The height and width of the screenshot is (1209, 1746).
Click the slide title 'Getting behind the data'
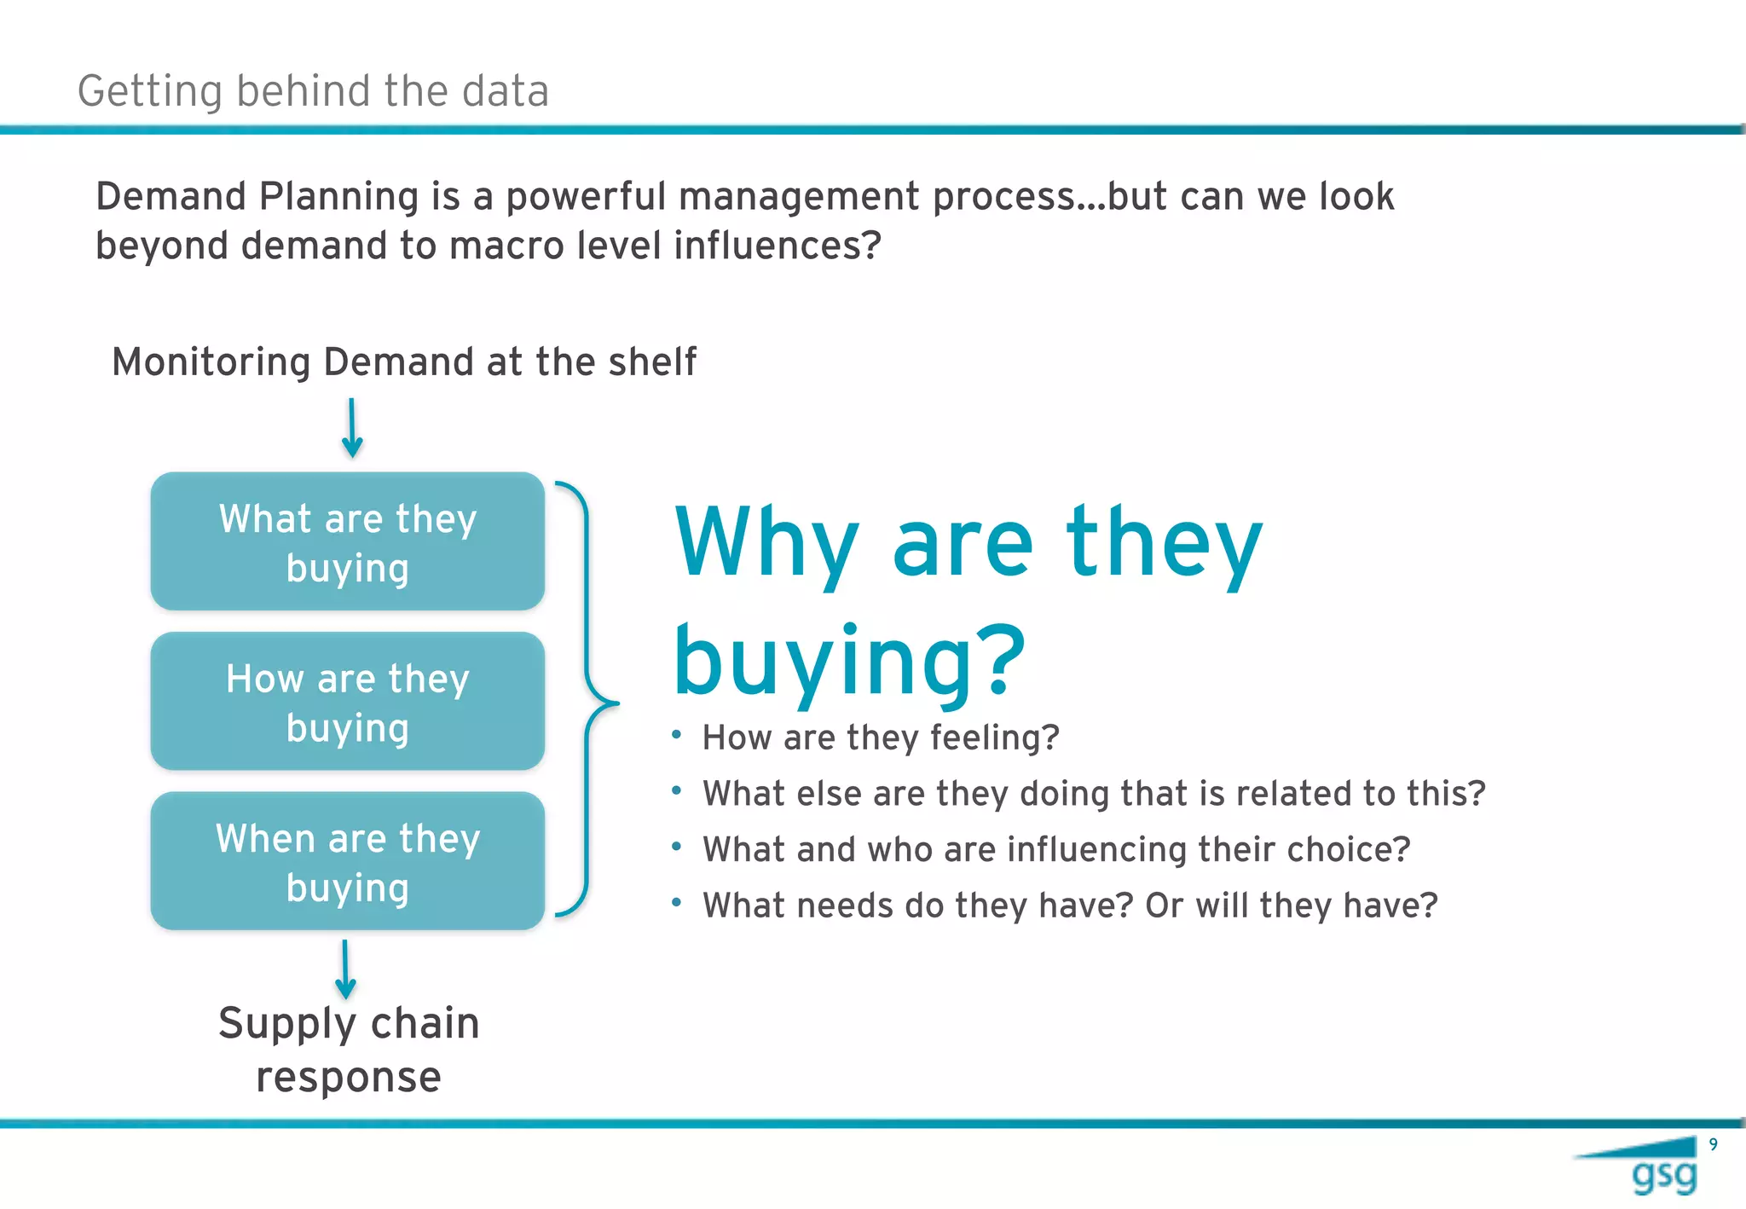point(313,91)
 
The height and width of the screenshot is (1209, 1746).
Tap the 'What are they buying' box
point(348,542)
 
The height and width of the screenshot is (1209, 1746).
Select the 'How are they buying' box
point(348,702)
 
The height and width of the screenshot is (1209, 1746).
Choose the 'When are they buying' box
point(348,861)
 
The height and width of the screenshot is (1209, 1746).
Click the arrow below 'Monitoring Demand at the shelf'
point(351,428)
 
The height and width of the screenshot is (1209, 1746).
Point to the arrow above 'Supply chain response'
point(345,969)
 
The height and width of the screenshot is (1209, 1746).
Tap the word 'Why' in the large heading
point(766,542)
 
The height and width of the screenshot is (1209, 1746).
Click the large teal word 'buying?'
point(849,661)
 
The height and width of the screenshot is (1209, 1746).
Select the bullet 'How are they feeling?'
point(880,738)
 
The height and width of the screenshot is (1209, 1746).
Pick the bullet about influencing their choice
point(1055,849)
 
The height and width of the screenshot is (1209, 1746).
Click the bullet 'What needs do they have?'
point(1069,905)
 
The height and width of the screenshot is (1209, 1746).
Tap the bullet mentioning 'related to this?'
point(1093,794)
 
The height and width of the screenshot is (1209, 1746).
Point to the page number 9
point(1713,1145)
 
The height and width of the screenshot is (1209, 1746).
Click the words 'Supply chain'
point(349,1023)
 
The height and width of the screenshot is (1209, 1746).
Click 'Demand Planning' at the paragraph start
point(257,197)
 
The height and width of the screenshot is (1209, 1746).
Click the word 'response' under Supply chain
point(349,1077)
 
